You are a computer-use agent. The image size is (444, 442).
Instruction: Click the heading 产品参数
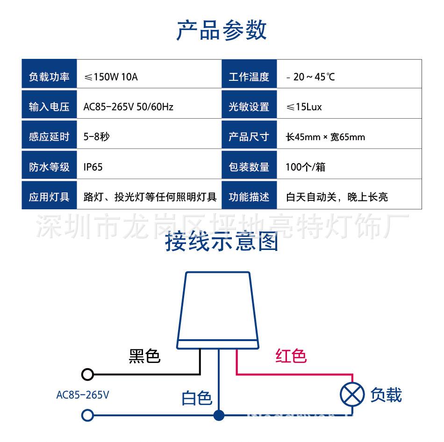(x=222, y=30)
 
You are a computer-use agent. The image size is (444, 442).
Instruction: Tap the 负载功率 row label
(x=49, y=77)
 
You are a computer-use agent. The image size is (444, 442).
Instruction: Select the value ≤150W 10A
(x=110, y=77)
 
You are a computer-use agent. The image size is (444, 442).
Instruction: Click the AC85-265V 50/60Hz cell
(x=128, y=107)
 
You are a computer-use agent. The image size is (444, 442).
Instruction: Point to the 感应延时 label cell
(x=49, y=137)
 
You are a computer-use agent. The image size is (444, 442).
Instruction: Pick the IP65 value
(x=93, y=167)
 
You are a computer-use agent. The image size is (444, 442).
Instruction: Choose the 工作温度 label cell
(x=249, y=77)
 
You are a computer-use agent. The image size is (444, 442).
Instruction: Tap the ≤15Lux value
(x=304, y=107)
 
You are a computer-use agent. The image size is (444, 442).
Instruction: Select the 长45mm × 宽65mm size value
(x=325, y=137)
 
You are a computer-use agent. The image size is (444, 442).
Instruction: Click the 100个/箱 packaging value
(x=305, y=167)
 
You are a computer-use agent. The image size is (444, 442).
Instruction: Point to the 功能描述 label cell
(x=249, y=197)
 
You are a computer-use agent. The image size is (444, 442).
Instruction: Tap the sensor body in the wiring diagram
(x=218, y=308)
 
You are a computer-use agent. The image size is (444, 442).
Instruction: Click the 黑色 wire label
(x=144, y=356)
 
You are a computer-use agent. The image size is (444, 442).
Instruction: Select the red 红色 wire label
(x=291, y=356)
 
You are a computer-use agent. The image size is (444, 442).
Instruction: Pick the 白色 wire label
(x=197, y=398)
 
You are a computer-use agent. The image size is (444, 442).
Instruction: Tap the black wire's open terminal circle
(x=87, y=374)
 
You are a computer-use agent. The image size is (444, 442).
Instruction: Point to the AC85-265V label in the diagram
(x=83, y=395)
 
